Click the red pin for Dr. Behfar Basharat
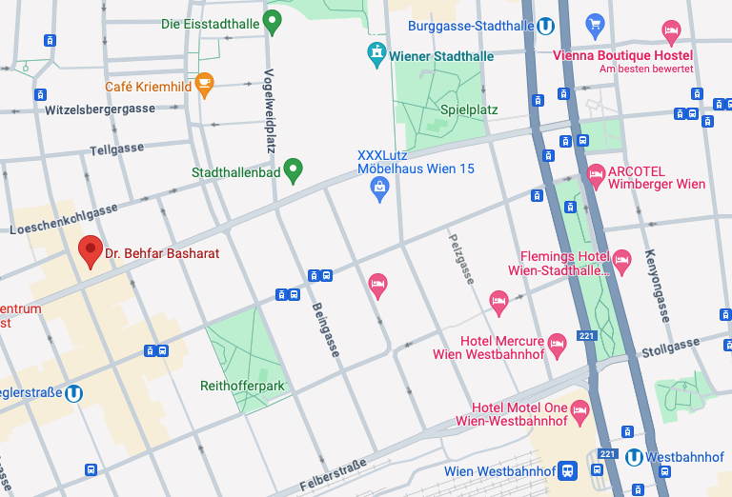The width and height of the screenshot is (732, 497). tap(91, 251)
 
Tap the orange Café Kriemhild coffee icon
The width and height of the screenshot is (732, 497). tap(204, 85)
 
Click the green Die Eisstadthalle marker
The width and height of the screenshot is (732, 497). tap(273, 22)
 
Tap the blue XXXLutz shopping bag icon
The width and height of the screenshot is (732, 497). tap(379, 189)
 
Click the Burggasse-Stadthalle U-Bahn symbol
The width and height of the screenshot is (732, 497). tap(546, 26)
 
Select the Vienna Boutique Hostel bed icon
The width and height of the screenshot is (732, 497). tap(671, 31)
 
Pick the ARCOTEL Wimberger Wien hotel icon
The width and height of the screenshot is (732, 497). tap(596, 175)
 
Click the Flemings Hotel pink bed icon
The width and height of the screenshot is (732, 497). tap(621, 259)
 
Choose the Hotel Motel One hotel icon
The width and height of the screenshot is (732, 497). tap(579, 410)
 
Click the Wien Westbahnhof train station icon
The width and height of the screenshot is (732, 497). tap(568, 470)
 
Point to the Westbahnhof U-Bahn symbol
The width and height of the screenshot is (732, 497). tap(634, 457)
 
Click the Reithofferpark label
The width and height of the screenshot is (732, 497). tap(243, 386)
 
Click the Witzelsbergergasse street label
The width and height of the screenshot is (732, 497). tap(99, 109)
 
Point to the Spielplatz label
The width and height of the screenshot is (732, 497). tap(469, 109)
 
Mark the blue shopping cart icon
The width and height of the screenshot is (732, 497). tap(596, 23)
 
